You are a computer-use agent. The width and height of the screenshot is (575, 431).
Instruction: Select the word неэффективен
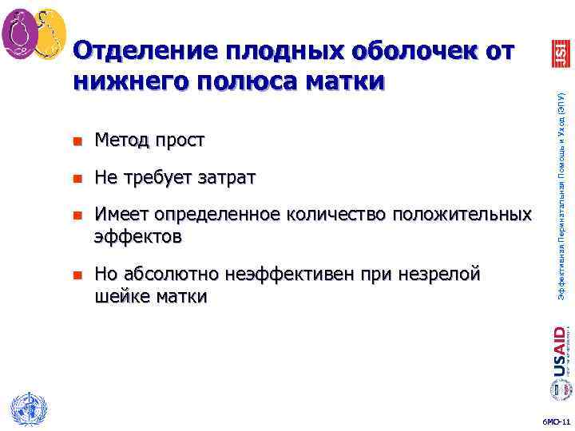point(279,275)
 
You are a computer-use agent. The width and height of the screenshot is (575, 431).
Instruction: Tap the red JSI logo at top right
point(557,51)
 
